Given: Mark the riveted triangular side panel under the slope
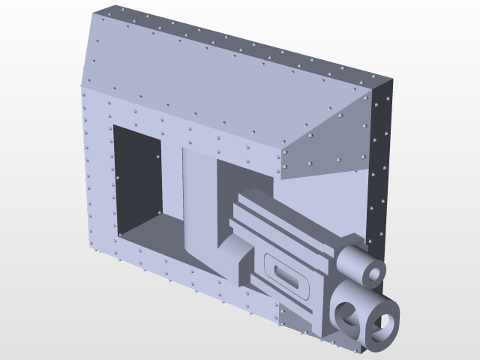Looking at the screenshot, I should pos(330,142).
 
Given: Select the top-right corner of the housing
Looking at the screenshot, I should pos(392,78).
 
